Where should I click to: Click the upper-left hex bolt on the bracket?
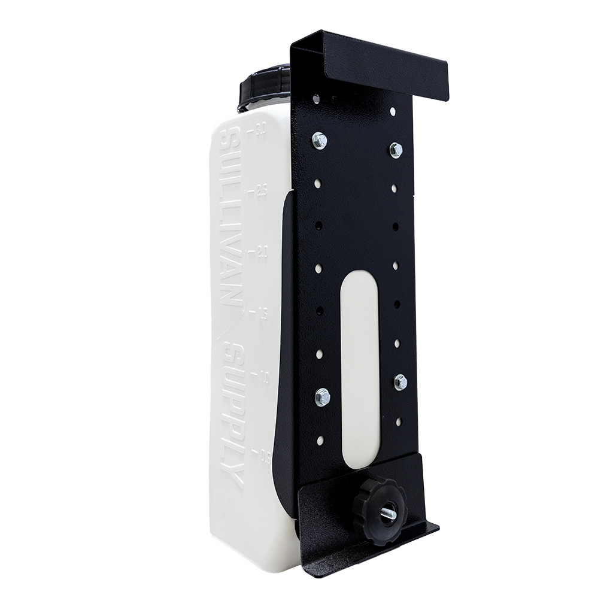click(x=320, y=141)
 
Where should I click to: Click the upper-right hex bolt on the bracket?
click(x=396, y=150)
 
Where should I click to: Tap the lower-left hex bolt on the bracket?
click(x=322, y=397)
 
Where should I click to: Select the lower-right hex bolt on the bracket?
click(x=400, y=382)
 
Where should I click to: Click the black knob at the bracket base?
click(x=379, y=509)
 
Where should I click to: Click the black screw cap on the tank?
click(x=264, y=89)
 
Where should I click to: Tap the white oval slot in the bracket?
click(x=359, y=359)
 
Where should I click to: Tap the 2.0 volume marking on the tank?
click(x=262, y=251)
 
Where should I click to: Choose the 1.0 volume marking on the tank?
click(x=264, y=377)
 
